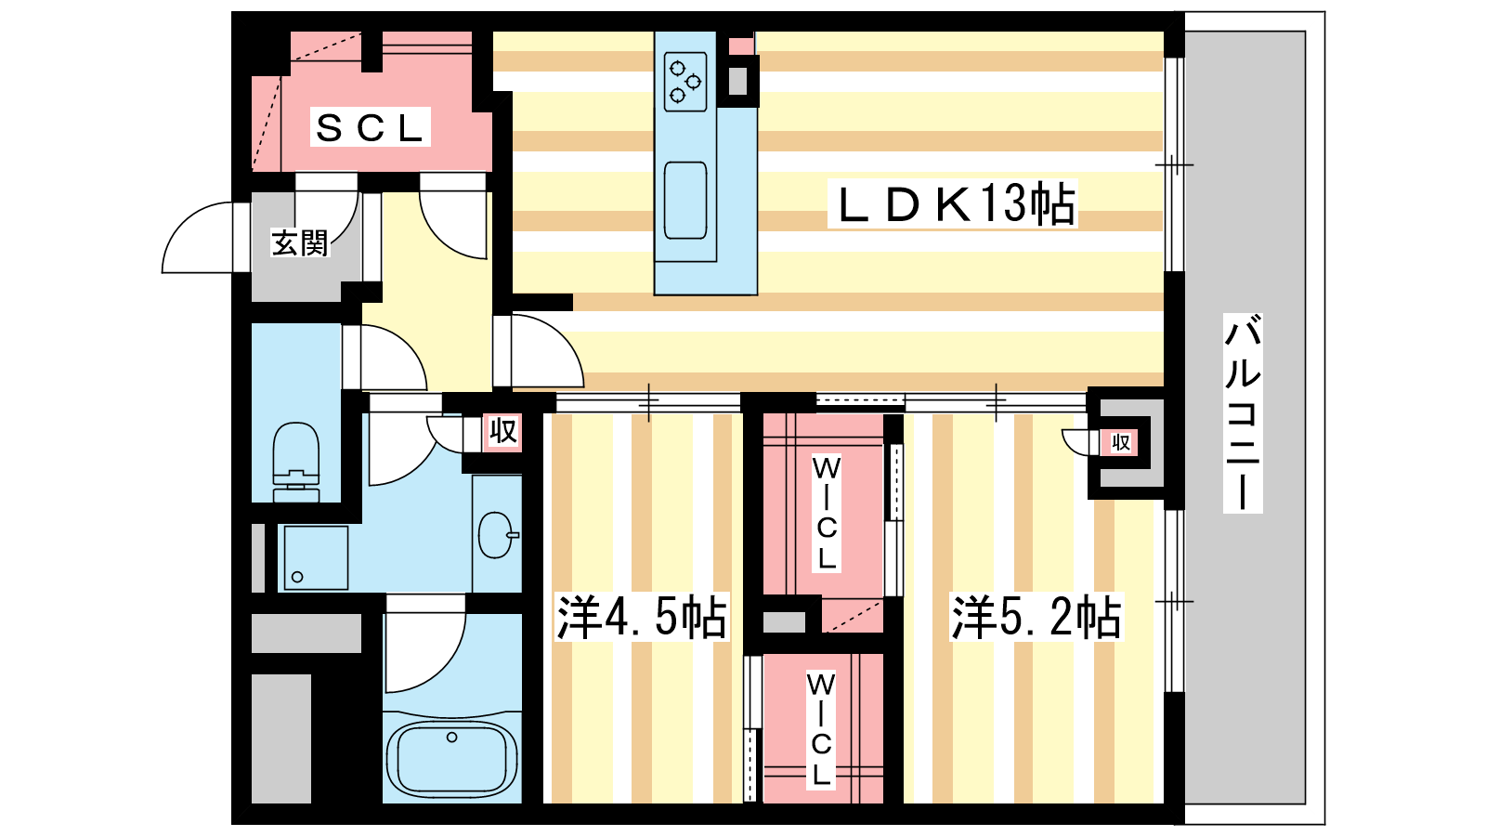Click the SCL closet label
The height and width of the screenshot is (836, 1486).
pyautogui.click(x=370, y=128)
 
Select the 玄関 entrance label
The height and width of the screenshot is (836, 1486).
pyautogui.click(x=300, y=243)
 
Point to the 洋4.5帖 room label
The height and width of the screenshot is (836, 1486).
pyautogui.click(x=641, y=618)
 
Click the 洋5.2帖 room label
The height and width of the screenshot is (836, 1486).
pyautogui.click(x=1036, y=618)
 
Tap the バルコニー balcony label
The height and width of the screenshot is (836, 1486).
pyautogui.click(x=1243, y=413)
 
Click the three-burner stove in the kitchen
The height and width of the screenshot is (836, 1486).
pyautogui.click(x=685, y=82)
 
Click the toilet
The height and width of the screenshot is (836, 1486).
pyautogui.click(x=296, y=461)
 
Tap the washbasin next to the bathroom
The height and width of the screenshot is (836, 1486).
pyautogui.click(x=497, y=535)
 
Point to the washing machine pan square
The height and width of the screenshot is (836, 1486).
pyautogui.click(x=316, y=558)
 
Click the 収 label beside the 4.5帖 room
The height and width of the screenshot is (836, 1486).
pyautogui.click(x=502, y=432)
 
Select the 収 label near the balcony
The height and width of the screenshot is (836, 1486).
pyautogui.click(x=1120, y=442)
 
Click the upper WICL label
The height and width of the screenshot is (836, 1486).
pyautogui.click(x=827, y=513)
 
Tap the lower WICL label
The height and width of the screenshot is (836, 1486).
pyautogui.click(x=821, y=729)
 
